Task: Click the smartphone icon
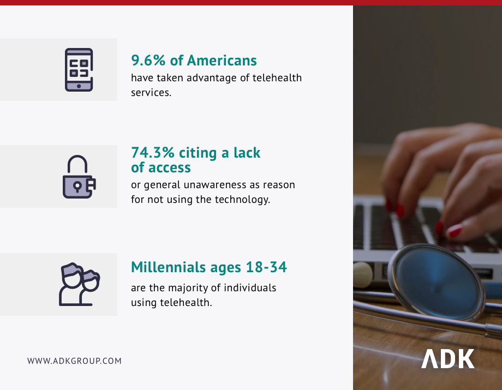79,70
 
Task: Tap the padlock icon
79,177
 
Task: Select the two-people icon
80,284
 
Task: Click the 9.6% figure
148,61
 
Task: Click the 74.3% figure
153,153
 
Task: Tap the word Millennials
169,267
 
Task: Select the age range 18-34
266,267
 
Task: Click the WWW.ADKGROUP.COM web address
74,361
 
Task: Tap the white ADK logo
447,359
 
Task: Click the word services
151,93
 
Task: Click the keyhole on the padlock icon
77,186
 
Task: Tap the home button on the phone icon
79,86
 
